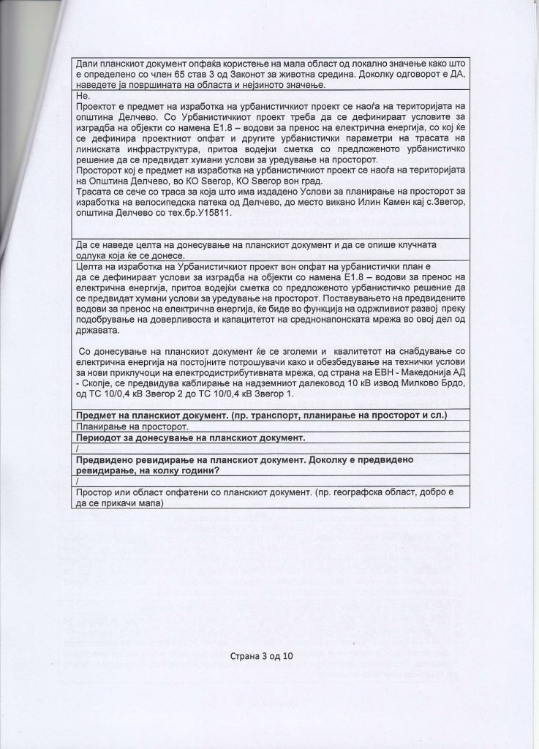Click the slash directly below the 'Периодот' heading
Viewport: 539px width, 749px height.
77,448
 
